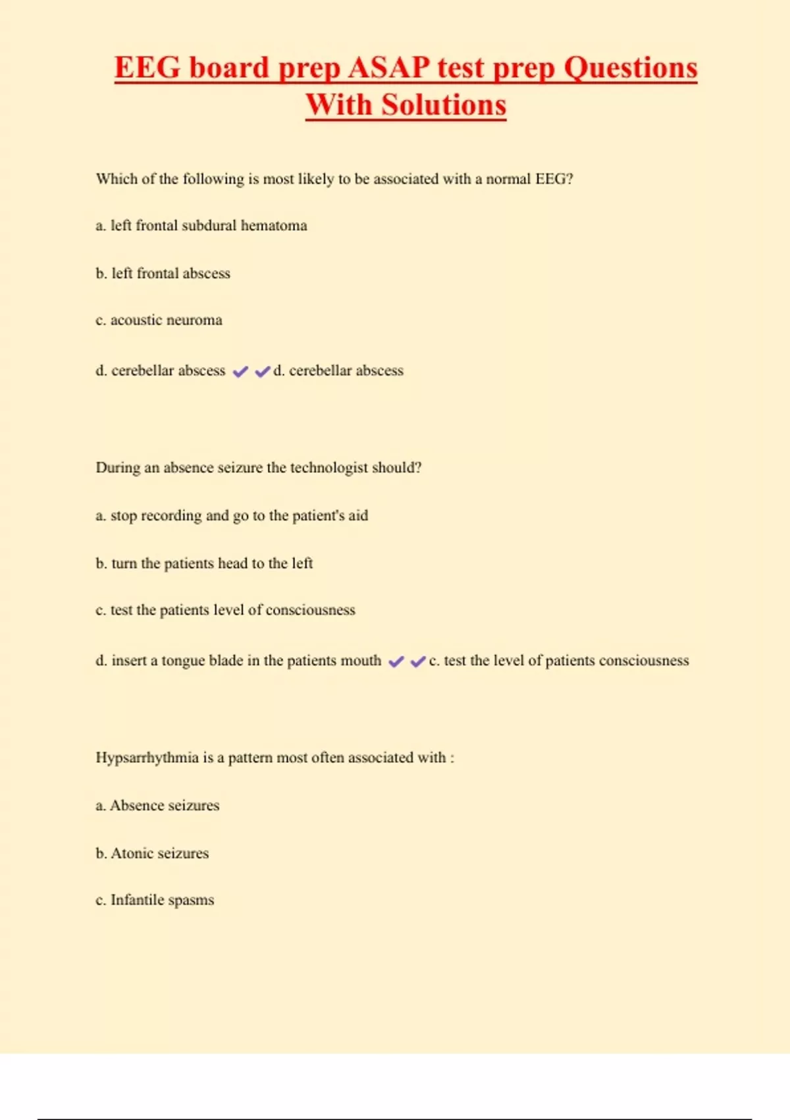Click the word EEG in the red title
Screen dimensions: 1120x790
147,68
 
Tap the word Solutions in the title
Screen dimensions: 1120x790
444,105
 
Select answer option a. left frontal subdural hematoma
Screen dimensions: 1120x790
201,226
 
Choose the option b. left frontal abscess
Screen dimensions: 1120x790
163,273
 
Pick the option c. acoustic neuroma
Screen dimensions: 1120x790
159,320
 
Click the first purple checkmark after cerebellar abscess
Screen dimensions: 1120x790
241,372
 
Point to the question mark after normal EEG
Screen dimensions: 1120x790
569,179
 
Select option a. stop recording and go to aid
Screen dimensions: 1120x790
232,516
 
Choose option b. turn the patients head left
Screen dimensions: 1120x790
204,563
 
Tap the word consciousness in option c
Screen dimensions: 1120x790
310,610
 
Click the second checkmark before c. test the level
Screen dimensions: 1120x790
418,661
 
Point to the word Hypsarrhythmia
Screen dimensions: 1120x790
147,758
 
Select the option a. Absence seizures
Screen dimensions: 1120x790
157,806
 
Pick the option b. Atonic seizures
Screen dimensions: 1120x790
152,853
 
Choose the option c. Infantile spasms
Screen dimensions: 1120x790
155,900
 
